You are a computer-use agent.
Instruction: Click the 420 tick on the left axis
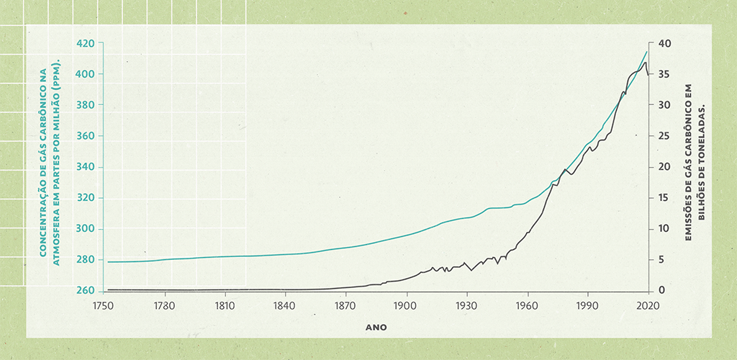[85, 43]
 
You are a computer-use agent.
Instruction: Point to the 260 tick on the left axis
[85, 291]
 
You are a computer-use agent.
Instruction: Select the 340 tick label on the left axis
[85, 167]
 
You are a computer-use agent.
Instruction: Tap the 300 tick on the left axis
[85, 229]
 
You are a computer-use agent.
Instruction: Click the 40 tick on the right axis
[664, 43]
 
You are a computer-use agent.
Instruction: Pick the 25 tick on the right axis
[664, 136]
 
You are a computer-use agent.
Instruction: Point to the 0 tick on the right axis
[661, 291]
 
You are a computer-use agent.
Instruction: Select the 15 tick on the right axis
[664, 198]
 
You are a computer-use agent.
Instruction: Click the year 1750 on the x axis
[104, 305]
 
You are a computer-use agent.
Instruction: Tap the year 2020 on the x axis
[648, 305]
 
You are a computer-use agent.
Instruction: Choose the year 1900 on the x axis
[407, 305]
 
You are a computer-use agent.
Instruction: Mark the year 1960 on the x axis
[528, 305]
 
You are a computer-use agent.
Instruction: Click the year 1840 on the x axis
[286, 305]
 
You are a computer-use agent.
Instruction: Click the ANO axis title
[376, 327]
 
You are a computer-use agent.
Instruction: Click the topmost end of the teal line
[648, 51]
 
